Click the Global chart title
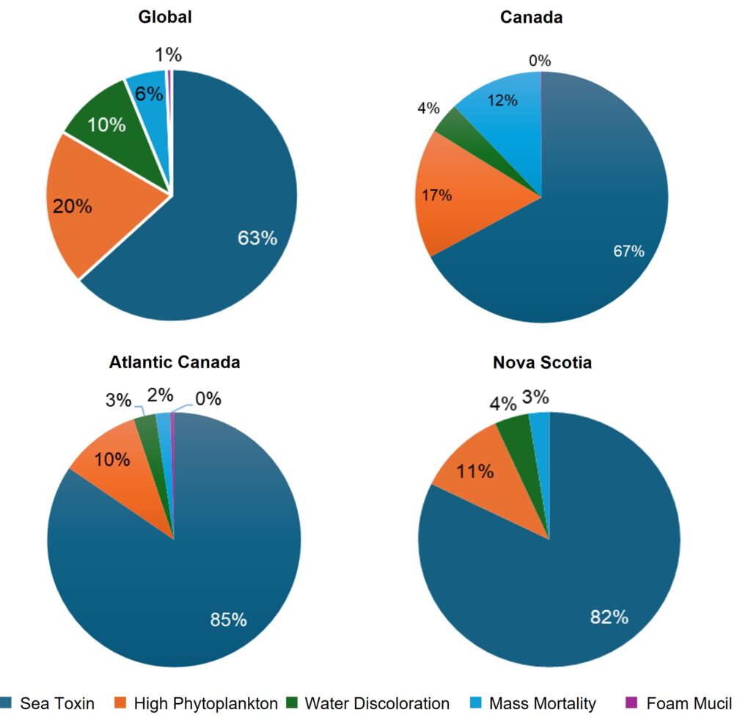[x=165, y=17]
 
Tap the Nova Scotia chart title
[x=542, y=362]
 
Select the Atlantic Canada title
[x=175, y=362]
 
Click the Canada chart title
[x=531, y=17]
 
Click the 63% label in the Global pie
[x=257, y=238]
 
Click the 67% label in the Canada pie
[x=629, y=252]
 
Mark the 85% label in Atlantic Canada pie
[x=228, y=620]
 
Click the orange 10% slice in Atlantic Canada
[x=121, y=469]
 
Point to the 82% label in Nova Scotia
[x=609, y=617]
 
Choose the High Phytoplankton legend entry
[x=196, y=704]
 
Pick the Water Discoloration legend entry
[x=369, y=704]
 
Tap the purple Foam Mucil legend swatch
[x=630, y=704]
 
